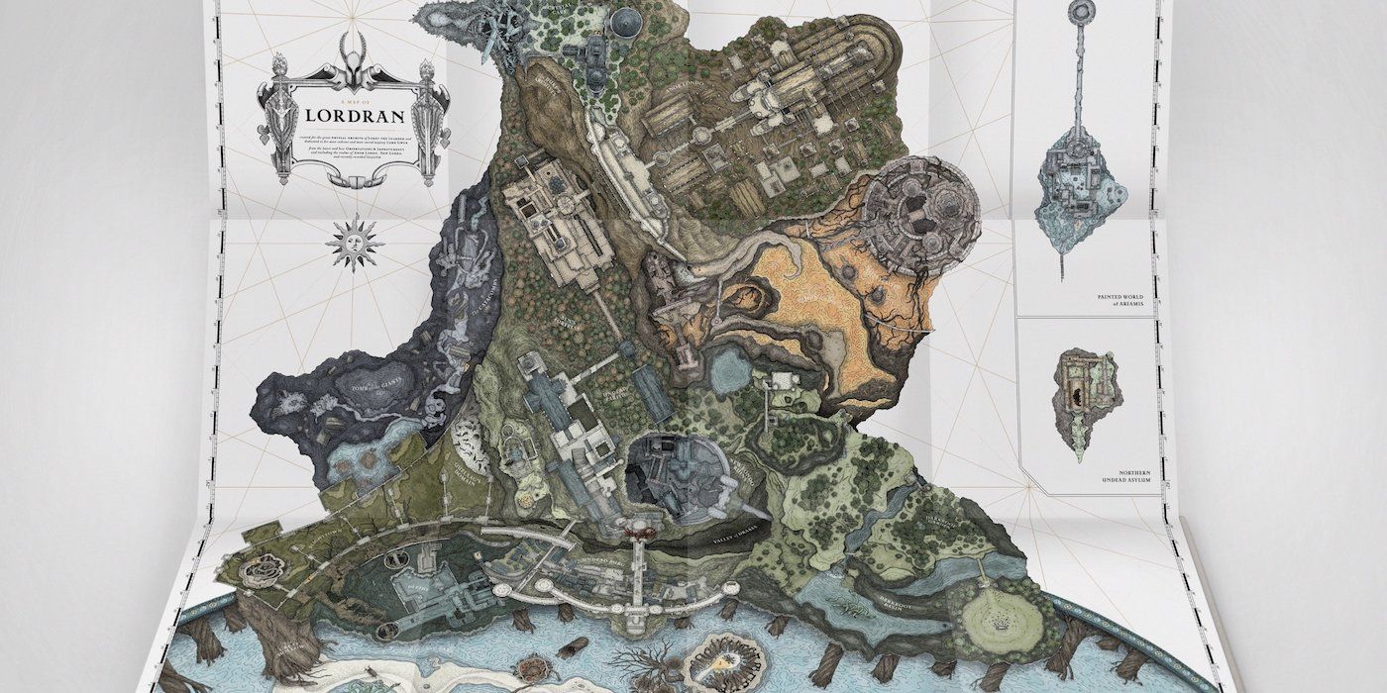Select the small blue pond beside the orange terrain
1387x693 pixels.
click(x=732, y=369)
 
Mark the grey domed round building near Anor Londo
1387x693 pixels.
click(x=625, y=22)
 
